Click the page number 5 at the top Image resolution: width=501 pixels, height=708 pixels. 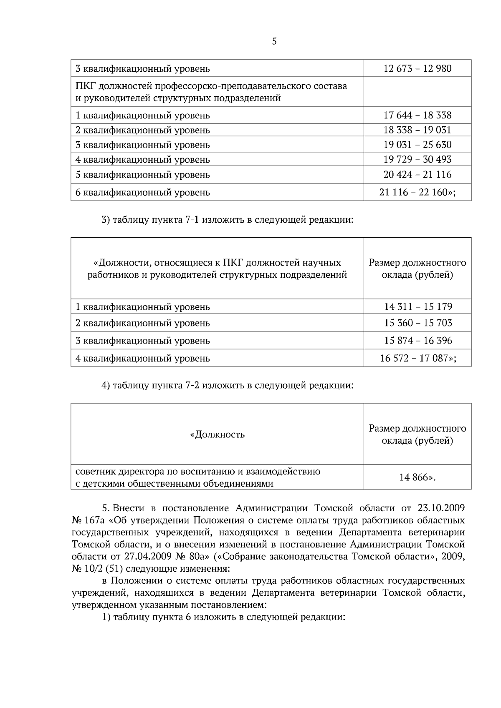pyautogui.click(x=274, y=41)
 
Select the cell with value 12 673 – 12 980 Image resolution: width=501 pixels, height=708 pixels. pyautogui.click(x=417, y=68)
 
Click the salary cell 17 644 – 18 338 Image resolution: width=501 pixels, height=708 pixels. pyautogui.click(x=417, y=115)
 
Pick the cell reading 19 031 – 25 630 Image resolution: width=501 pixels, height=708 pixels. pyautogui.click(x=417, y=145)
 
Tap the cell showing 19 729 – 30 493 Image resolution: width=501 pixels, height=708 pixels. pyautogui.click(x=417, y=159)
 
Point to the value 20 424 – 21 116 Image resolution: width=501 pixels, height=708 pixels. pyautogui.click(x=417, y=174)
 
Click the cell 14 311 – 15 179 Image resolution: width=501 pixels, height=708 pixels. pyautogui.click(x=418, y=307)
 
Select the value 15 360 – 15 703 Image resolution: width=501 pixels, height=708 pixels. pyautogui.click(x=418, y=323)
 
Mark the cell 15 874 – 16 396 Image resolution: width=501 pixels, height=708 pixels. pyautogui.click(x=418, y=341)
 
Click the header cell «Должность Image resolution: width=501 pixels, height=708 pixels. pyautogui.click(x=217, y=435)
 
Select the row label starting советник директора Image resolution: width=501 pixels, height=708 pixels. pyautogui.click(x=198, y=477)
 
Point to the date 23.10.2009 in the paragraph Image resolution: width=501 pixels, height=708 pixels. pyautogui.click(x=441, y=508)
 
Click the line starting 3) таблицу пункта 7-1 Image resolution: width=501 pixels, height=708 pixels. pyautogui.click(x=228, y=220)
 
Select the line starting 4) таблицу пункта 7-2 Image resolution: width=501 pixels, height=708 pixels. pyautogui.click(x=228, y=385)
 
